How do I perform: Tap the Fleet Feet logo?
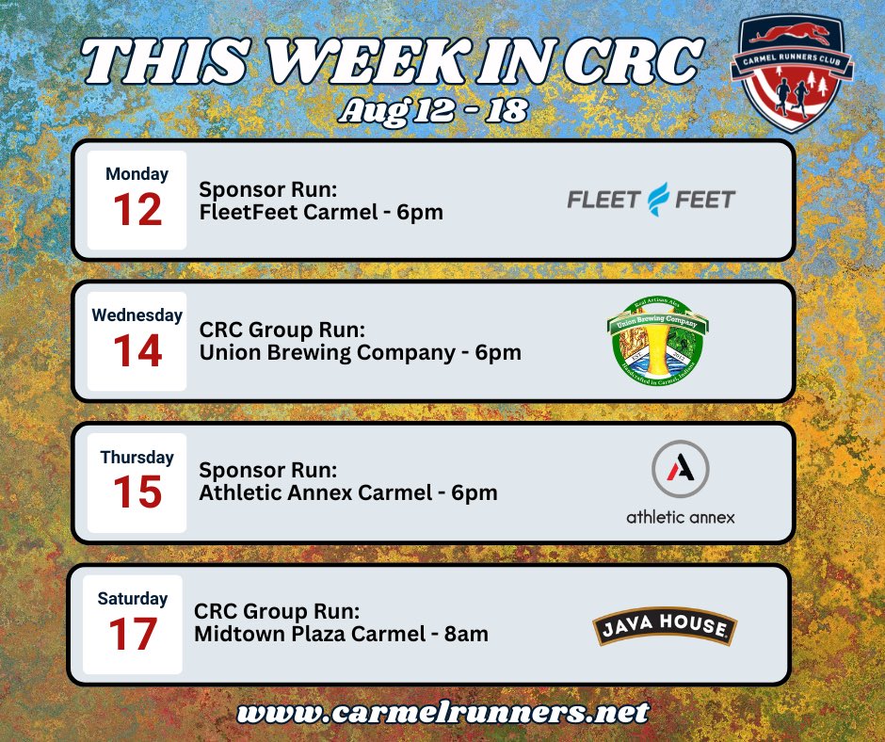tap(651, 199)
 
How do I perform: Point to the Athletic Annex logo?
tap(680, 482)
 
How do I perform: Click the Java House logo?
tap(665, 628)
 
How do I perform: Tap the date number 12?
tap(137, 210)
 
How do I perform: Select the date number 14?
tap(137, 351)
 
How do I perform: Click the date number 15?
tap(137, 492)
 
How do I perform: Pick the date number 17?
tap(133, 634)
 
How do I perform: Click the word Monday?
tap(137, 174)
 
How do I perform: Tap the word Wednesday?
tap(137, 315)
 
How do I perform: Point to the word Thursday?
tap(137, 457)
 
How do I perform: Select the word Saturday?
tap(133, 598)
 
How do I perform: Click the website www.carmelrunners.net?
tap(443, 711)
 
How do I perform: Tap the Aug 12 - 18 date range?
tap(434, 111)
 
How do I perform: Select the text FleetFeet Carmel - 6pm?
tap(321, 212)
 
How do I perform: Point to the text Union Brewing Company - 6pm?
tap(360, 353)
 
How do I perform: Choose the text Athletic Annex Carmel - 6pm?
tap(348, 492)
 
